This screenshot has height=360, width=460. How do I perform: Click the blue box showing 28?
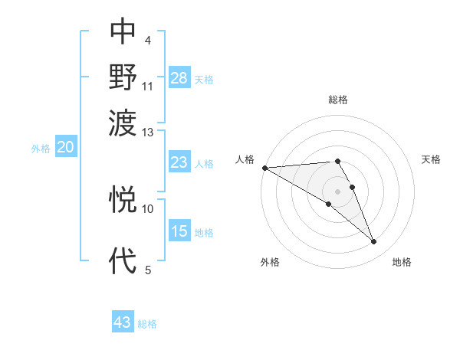179,78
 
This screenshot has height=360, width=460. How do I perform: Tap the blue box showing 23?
179,162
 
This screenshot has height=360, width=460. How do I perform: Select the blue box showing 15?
179,231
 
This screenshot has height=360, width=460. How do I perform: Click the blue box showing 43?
123,322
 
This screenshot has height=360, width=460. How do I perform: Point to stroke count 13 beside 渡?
148,133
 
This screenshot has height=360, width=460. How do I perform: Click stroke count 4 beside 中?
147,40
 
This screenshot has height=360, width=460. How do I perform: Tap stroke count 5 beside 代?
147,270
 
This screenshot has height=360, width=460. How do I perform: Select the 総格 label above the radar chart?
337,100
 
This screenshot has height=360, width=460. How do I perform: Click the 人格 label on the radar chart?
245,159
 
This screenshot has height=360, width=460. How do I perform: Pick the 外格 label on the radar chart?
270,263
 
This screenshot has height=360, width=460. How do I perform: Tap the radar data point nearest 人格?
264,167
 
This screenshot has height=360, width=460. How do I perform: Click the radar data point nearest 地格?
374,242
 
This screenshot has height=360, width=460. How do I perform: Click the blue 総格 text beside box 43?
147,324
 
